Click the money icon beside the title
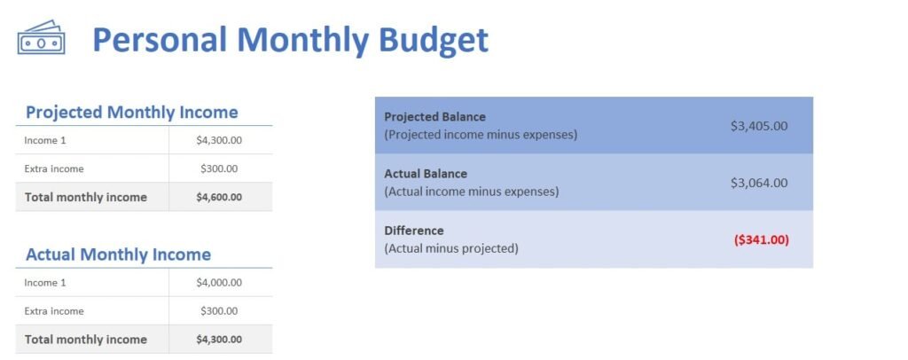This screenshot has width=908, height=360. pos(41,39)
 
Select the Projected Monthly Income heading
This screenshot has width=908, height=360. pos(131,113)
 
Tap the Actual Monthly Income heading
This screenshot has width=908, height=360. pos(118,254)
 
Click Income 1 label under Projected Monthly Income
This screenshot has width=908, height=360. pos(45,140)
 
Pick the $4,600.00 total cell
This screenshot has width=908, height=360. pos(219,197)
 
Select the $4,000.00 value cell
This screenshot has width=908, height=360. pos(219,283)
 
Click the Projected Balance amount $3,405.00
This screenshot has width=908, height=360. pos(758,126)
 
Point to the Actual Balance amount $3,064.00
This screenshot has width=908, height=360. pos(758,183)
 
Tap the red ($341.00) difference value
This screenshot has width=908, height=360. pos(761,239)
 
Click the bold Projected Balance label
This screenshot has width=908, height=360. pos(434,117)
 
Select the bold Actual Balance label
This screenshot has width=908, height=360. pos(426,174)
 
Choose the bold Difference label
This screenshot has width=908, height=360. pos(413,231)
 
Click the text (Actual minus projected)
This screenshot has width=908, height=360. pos(450,248)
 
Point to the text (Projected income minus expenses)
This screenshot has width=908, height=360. pos(481,135)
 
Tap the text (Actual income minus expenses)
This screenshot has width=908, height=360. pos(471,192)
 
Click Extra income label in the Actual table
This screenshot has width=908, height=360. pos(54,311)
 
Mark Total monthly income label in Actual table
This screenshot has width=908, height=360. pos(85,340)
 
